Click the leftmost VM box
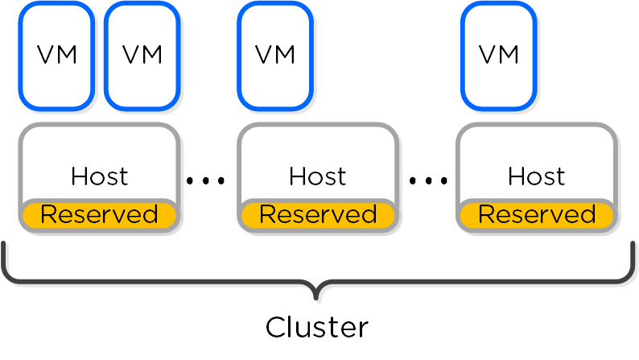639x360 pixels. (57, 55)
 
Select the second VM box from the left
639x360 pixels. (142, 55)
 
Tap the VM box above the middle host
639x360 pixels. (275, 55)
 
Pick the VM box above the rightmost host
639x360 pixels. (499, 55)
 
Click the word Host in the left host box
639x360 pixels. (99, 176)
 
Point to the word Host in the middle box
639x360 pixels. (318, 176)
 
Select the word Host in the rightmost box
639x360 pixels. (537, 176)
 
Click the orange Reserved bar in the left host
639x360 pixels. (99, 215)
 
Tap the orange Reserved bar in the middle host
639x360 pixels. (318, 215)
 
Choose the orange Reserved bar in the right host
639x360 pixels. (537, 215)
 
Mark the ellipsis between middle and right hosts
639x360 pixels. (427, 181)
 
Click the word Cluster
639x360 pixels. (317, 328)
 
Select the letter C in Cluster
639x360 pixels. (276, 328)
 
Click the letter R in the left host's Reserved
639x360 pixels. (47, 215)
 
